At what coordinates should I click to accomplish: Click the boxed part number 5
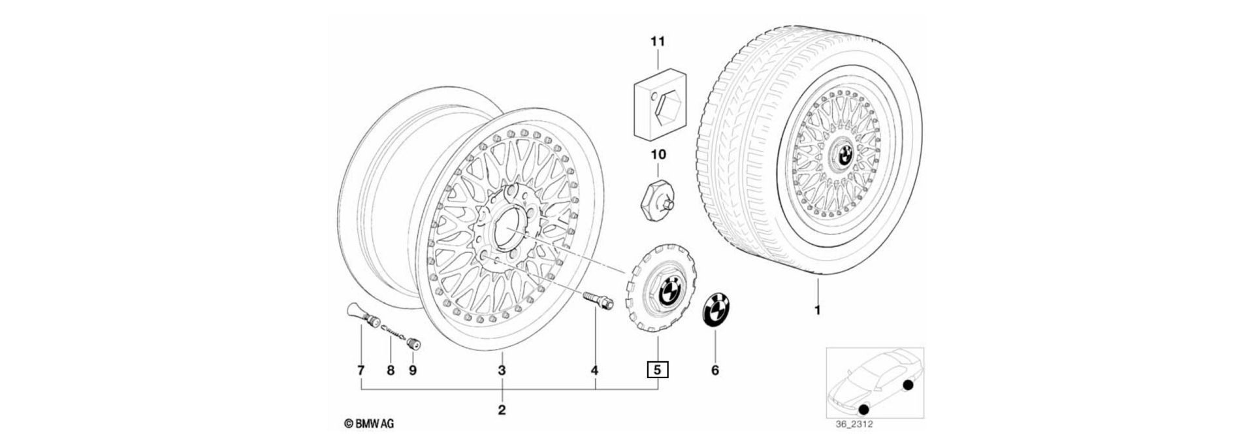click(657, 370)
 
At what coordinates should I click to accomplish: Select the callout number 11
click(657, 42)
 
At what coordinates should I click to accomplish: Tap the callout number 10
click(657, 155)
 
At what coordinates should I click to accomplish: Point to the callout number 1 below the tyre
click(816, 310)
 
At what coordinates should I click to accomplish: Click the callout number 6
click(715, 370)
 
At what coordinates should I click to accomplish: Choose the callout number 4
click(594, 370)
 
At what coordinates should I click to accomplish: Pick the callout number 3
click(502, 370)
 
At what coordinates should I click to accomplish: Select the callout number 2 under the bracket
click(502, 410)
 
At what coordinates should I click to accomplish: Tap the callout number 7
click(361, 370)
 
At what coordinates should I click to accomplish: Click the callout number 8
click(391, 370)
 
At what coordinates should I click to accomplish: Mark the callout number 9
click(412, 370)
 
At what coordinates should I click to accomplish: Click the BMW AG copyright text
click(369, 424)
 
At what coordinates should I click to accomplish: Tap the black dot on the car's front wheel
click(863, 410)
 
